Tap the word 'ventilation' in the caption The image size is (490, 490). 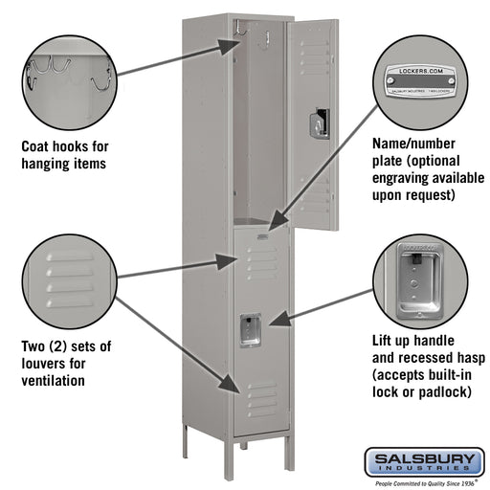coord(54,381)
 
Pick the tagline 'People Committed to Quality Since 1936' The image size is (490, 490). coord(421,484)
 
